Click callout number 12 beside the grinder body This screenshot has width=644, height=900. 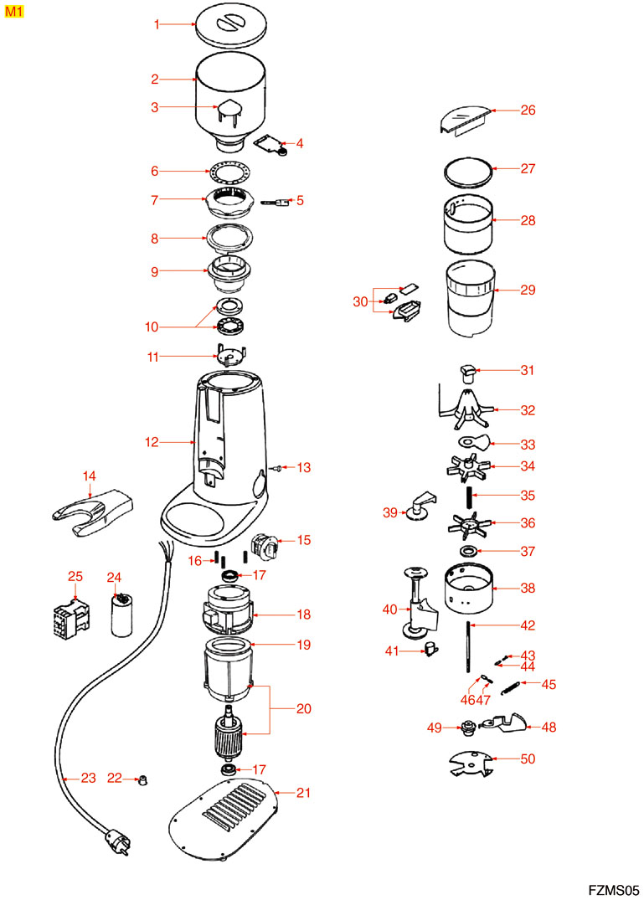click(152, 442)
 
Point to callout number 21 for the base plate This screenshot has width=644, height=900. click(303, 793)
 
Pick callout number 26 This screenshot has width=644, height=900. click(528, 110)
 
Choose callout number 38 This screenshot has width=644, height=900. click(528, 589)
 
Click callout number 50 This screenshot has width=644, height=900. click(528, 759)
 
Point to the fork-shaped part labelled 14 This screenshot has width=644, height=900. click(88, 510)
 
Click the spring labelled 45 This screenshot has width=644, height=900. click(509, 688)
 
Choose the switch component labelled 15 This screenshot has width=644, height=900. click(268, 546)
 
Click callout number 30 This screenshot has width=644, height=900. click(360, 301)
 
